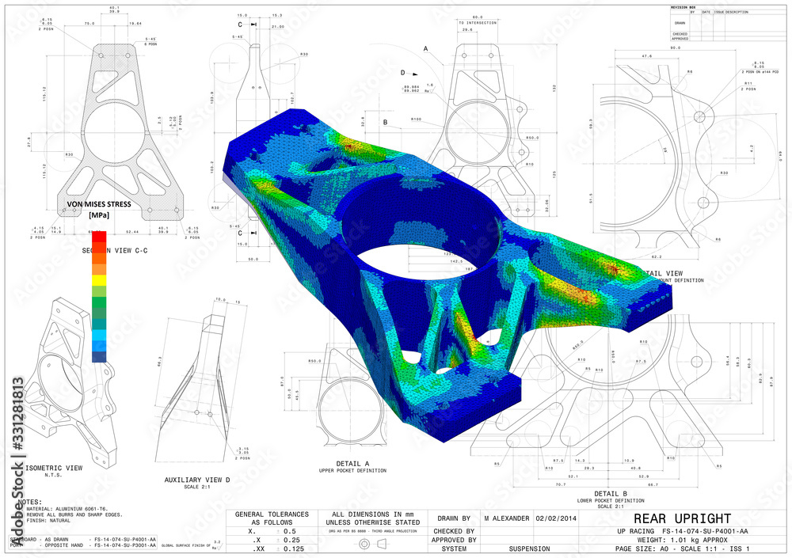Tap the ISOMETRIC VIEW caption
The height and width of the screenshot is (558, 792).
53,468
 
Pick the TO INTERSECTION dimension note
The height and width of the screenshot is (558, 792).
478,23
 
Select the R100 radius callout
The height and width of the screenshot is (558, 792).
416,120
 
